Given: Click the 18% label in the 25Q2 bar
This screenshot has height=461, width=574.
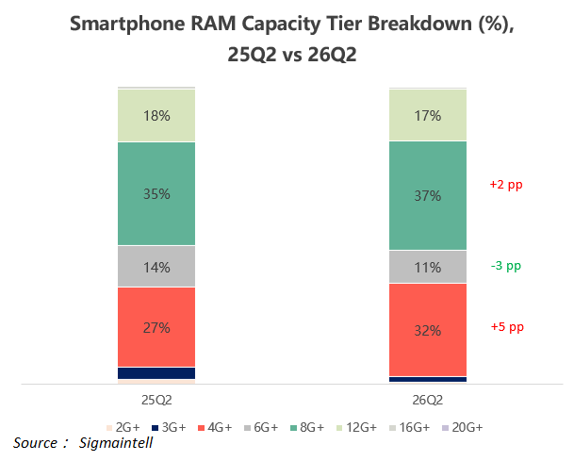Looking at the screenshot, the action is pyautogui.click(x=156, y=116).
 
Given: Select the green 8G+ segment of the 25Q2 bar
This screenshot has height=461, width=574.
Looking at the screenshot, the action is pyautogui.click(x=156, y=193).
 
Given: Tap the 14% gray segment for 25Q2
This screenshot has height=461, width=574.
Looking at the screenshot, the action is pyautogui.click(x=156, y=266).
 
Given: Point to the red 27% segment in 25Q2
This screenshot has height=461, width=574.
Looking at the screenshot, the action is pyautogui.click(x=156, y=327).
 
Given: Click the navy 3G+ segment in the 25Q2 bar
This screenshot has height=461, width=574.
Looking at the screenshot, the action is pyautogui.click(x=156, y=373).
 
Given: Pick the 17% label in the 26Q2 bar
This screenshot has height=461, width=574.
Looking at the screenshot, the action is pyautogui.click(x=428, y=116).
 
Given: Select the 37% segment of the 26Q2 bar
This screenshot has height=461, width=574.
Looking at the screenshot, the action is pyautogui.click(x=428, y=195).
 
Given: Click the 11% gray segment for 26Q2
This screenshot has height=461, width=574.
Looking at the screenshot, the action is pyautogui.click(x=428, y=267).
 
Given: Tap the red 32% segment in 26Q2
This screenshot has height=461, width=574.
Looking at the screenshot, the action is pyautogui.click(x=428, y=330).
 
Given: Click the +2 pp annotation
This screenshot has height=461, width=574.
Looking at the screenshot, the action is pyautogui.click(x=506, y=185).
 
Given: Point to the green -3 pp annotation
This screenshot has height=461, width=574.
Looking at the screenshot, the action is pyautogui.click(x=506, y=266).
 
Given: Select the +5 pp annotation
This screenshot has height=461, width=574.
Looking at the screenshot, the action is pyautogui.click(x=507, y=326).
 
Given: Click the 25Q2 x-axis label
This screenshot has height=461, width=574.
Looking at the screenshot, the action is pyautogui.click(x=156, y=400).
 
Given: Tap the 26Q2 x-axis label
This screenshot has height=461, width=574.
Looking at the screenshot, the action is pyautogui.click(x=428, y=400).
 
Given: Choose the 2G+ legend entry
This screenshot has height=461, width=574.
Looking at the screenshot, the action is pyautogui.click(x=123, y=427).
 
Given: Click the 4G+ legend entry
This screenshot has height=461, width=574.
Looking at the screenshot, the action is pyautogui.click(x=215, y=427).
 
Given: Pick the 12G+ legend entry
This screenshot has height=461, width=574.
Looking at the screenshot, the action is pyautogui.click(x=356, y=427).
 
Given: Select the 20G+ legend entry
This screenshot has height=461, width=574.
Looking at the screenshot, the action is pyautogui.click(x=463, y=427).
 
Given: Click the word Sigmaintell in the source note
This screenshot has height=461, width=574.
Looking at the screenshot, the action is pyautogui.click(x=116, y=443).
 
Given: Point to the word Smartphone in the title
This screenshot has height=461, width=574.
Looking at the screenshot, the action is pyautogui.click(x=128, y=25).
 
